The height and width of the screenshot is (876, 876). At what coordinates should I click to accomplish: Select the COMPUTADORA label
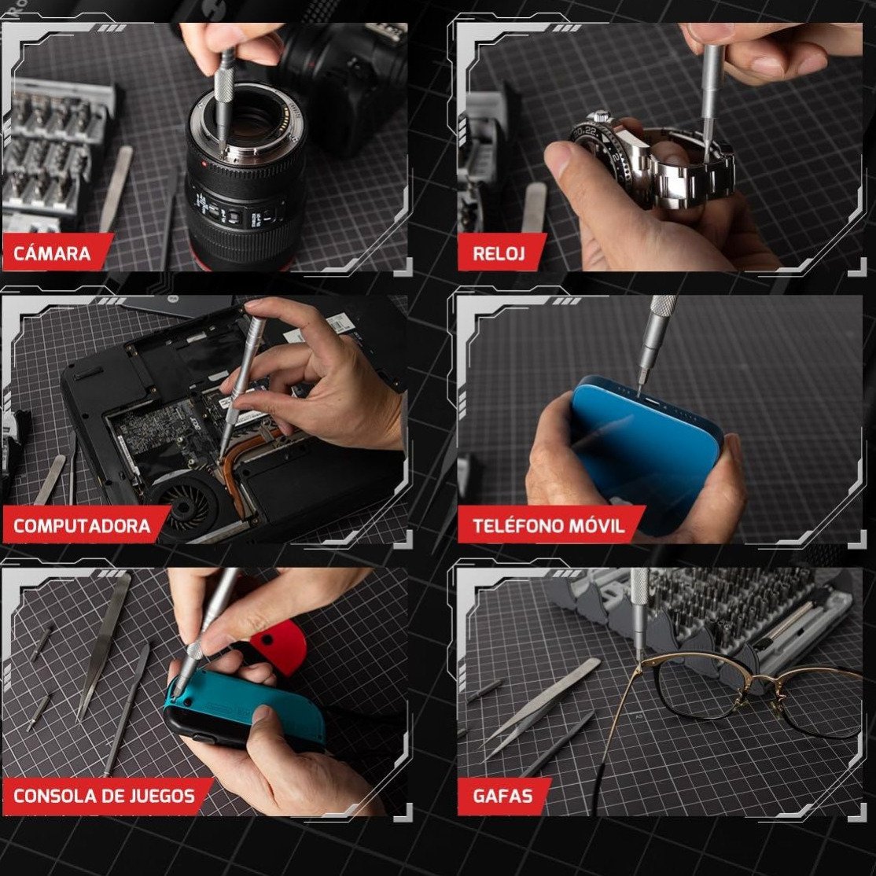pyautogui.click(x=85, y=525)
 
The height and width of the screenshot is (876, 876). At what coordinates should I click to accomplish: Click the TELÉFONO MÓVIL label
pyautogui.click(x=550, y=525)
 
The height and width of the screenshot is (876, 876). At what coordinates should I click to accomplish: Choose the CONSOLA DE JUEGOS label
pyautogui.click(x=106, y=796)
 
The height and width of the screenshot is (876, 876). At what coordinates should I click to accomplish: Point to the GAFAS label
pyautogui.click(x=502, y=796)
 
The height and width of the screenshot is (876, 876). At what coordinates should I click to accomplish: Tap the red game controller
pyautogui.click(x=278, y=646)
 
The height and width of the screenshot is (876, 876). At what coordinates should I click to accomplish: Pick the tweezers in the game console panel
pyautogui.click(x=104, y=646)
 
